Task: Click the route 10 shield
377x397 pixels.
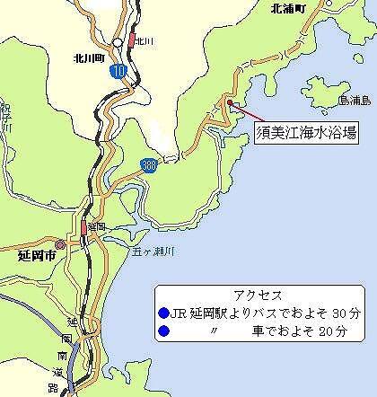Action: tap(119, 68)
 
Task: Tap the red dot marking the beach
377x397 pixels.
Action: tap(231, 103)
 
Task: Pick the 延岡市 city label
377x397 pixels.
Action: tap(37, 255)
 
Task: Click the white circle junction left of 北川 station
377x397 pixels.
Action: tap(118, 42)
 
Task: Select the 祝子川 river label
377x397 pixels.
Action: tap(4, 117)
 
